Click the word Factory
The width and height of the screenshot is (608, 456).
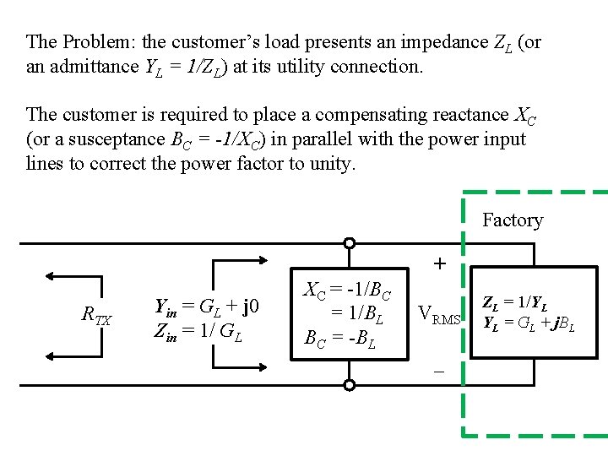point(512,220)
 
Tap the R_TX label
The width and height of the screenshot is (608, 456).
point(95,317)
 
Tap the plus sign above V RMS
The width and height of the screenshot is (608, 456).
point(440,264)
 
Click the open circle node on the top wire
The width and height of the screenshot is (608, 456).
point(349,243)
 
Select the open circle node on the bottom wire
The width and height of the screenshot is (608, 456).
point(349,385)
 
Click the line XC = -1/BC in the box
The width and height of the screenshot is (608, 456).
point(347,290)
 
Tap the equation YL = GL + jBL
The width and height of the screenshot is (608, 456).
point(529,322)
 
